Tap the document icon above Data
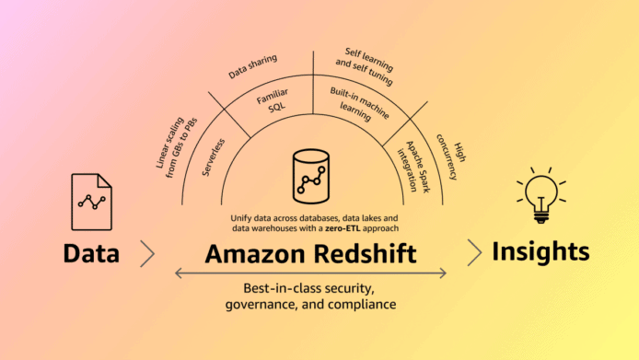click(x=91, y=202)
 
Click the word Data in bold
click(x=91, y=252)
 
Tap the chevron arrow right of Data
click(x=147, y=252)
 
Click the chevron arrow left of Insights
click(x=473, y=251)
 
